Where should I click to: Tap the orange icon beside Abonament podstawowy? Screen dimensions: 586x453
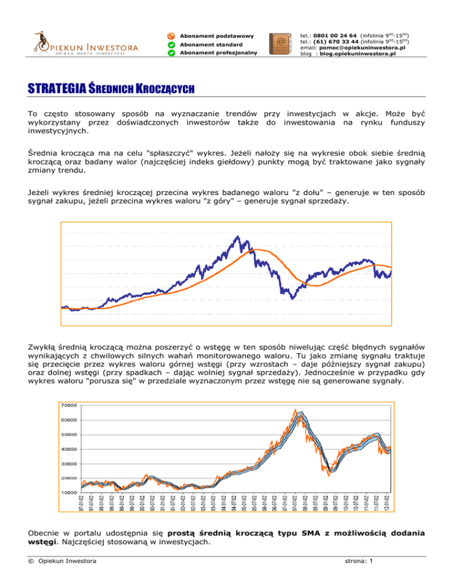[x=170, y=36]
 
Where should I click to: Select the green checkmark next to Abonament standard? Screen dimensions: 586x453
[x=170, y=45]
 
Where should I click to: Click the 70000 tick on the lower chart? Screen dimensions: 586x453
[x=69, y=406]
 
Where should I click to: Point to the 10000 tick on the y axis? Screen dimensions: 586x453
[x=69, y=492]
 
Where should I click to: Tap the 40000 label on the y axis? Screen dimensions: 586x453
[x=69, y=449]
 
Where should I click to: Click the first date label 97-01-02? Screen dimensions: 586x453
[x=83, y=504]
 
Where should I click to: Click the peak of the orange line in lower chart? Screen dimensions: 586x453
[x=295, y=410]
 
